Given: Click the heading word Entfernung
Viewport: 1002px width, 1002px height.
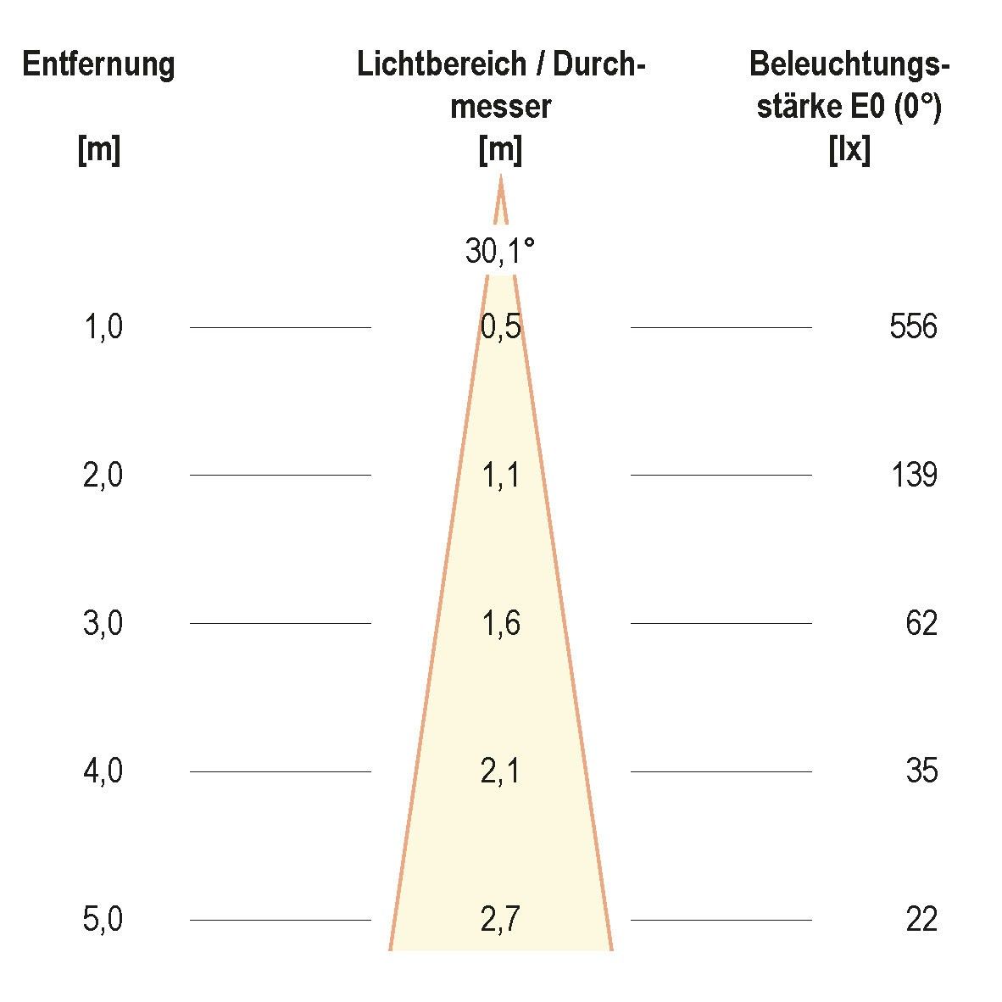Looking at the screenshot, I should coord(99,64).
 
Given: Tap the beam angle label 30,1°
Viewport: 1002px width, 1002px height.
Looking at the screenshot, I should coord(500,251).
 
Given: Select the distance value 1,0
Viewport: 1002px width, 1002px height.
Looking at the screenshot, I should coord(103,326).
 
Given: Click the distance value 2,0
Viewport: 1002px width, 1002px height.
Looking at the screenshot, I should coord(103,475).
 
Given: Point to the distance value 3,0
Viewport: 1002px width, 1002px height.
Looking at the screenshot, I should coord(103,623).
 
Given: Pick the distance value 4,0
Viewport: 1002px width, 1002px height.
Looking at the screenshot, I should coord(103,771).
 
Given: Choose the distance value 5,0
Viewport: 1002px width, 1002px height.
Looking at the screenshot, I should coord(103,920).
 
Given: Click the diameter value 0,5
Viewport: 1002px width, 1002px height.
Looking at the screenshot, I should coord(500,326).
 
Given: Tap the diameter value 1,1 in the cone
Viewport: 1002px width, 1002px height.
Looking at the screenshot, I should coord(500,475).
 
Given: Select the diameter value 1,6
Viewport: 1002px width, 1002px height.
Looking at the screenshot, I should coord(500,623).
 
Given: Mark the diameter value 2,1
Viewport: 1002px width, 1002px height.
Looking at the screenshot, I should coord(500,771).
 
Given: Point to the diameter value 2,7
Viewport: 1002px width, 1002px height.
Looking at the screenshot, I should coord(500,920).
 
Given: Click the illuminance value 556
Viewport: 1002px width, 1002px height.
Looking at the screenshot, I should coord(913,326).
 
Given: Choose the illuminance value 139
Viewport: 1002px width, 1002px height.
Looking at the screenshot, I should coord(913,475).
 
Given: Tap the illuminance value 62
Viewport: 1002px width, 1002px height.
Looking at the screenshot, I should coord(921,623).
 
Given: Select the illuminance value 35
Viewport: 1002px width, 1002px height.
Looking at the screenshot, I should coord(921,771).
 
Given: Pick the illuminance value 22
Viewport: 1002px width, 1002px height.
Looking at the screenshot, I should coord(921,920).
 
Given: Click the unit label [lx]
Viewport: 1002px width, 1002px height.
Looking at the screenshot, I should coord(849,151).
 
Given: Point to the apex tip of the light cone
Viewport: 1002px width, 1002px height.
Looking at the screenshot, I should coord(500,177).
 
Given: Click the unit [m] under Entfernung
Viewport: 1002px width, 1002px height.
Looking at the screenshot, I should coord(99,151).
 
